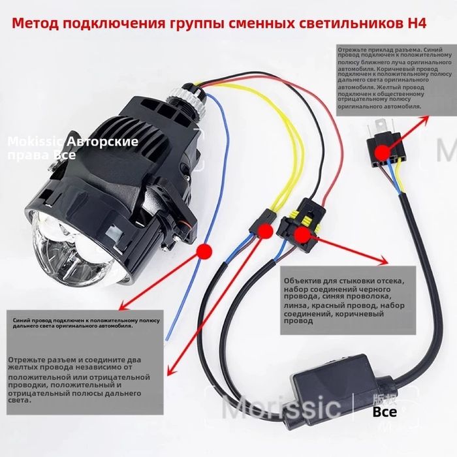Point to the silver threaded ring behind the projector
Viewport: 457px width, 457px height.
tap(186, 99)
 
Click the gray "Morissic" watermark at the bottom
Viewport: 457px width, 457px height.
tap(281, 409)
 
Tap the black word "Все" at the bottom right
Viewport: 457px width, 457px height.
tap(385, 413)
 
